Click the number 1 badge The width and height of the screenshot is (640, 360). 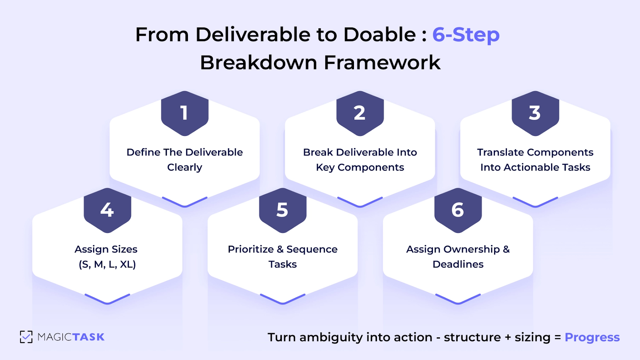(x=184, y=113)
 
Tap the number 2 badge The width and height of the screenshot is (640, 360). (x=360, y=113)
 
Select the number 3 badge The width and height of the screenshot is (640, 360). (x=535, y=113)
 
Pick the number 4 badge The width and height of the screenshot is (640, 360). (x=107, y=210)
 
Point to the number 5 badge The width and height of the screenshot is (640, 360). (x=282, y=210)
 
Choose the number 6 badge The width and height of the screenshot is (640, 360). (x=458, y=210)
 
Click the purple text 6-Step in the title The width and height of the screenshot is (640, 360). (x=465, y=35)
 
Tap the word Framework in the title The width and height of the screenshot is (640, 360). (x=382, y=63)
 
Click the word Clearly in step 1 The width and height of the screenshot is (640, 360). (x=184, y=167)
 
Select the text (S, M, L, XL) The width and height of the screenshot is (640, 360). (x=107, y=264)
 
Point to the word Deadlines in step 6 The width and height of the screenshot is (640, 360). (x=458, y=264)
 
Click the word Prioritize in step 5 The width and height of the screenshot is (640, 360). (x=251, y=249)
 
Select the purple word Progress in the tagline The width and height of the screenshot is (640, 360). (x=592, y=337)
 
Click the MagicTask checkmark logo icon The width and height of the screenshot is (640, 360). (x=26, y=337)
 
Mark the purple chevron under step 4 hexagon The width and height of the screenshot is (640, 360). (x=107, y=299)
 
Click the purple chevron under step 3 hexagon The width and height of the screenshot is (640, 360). (x=535, y=202)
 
